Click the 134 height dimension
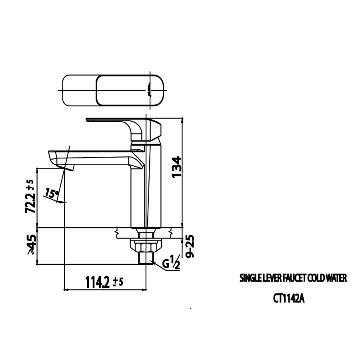point(176,167)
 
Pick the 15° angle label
point(52,194)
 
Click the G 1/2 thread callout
point(170,263)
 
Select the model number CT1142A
point(289,298)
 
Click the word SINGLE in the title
point(250,278)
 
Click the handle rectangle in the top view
point(130,90)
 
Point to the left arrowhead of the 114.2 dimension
point(66,289)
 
